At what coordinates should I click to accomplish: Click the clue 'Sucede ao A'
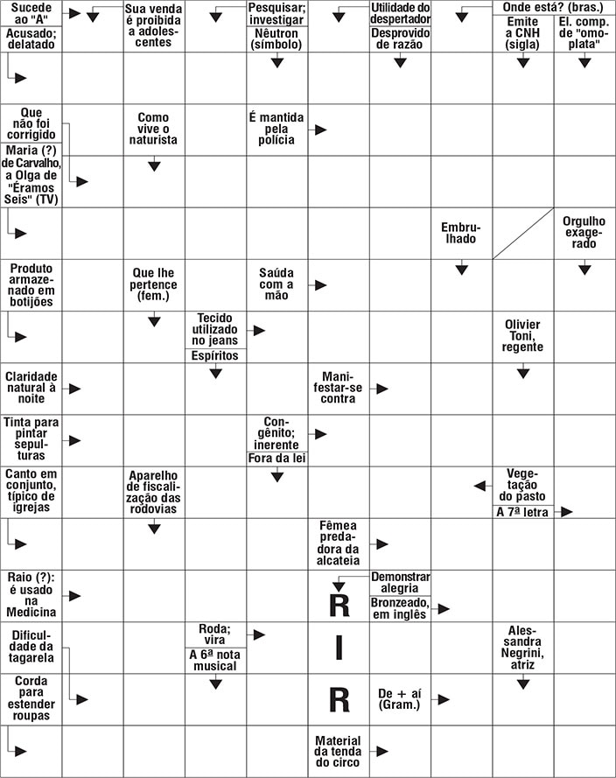coord(31,12)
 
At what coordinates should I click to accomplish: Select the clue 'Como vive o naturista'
coord(153,129)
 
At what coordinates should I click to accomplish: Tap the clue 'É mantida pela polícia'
coord(276,129)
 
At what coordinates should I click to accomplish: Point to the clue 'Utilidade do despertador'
coord(400,12)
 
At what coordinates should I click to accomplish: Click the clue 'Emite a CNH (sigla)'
coord(522,32)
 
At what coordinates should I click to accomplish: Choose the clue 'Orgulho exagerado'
coord(584,232)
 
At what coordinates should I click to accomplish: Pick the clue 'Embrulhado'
coord(461,233)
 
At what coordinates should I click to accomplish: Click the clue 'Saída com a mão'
coord(276,284)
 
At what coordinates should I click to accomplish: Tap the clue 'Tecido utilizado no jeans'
coord(214,328)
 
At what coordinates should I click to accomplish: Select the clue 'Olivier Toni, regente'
coord(522,335)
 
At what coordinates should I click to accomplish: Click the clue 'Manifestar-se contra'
coord(338,387)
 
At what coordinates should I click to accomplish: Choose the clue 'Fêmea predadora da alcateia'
coord(338,543)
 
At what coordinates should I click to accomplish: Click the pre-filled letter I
coord(339,648)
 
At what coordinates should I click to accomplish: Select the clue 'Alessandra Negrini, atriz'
coord(522,648)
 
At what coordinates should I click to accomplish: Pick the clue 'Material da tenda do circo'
coord(338,751)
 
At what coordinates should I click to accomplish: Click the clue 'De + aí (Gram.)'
coord(399,698)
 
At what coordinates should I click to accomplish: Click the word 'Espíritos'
coord(214,355)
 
